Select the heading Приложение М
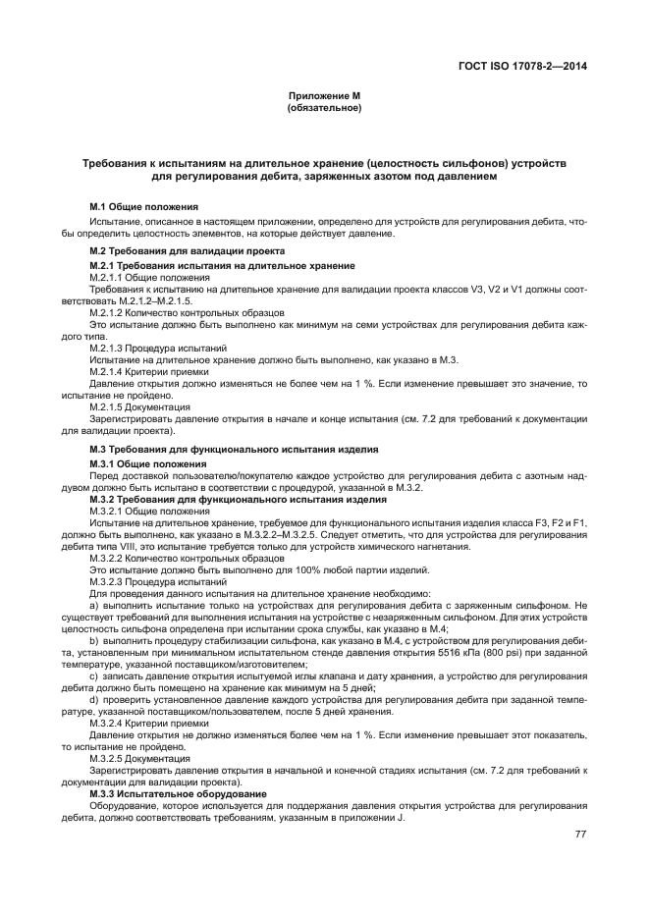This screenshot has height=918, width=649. pyautogui.click(x=324, y=95)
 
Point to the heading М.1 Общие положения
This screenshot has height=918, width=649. pyautogui.click(x=143, y=207)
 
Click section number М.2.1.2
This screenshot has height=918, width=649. pyautogui.click(x=109, y=312)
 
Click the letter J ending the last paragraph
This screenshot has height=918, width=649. pyautogui.click(x=403, y=817)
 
